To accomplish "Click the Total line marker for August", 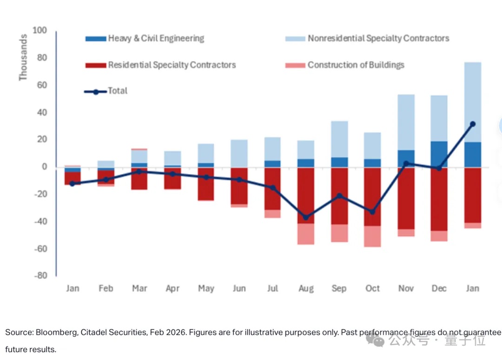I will coord(305,217).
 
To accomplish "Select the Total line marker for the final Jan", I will coord(472,124).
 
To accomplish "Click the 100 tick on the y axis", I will coord(40,31).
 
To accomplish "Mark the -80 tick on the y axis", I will coord(40,275).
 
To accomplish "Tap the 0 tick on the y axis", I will coord(45,167).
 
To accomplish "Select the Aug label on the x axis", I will coord(306,289).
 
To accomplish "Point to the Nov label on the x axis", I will coord(406,289).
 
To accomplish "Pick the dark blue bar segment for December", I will coord(439,154).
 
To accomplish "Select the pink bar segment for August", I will coord(306,234).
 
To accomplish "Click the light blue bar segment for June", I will coord(239,153).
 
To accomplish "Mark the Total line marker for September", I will coord(339,196).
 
